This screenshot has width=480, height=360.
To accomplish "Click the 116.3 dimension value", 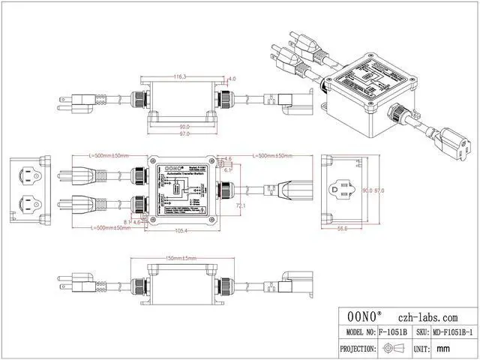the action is click(x=180, y=76).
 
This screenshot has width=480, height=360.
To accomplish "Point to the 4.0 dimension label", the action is click(x=232, y=79).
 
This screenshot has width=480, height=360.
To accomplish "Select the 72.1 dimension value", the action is click(x=241, y=204).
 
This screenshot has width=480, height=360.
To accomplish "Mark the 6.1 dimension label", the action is click(x=228, y=170).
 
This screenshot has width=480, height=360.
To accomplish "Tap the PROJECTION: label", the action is click(x=356, y=349).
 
